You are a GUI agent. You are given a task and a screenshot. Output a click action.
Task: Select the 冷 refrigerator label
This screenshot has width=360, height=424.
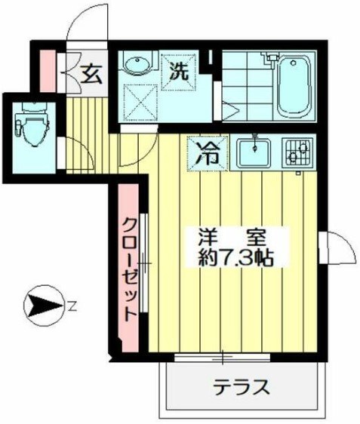tap(205, 153)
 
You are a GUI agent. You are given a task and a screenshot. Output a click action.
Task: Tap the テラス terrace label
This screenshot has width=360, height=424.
tap(242, 387)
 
